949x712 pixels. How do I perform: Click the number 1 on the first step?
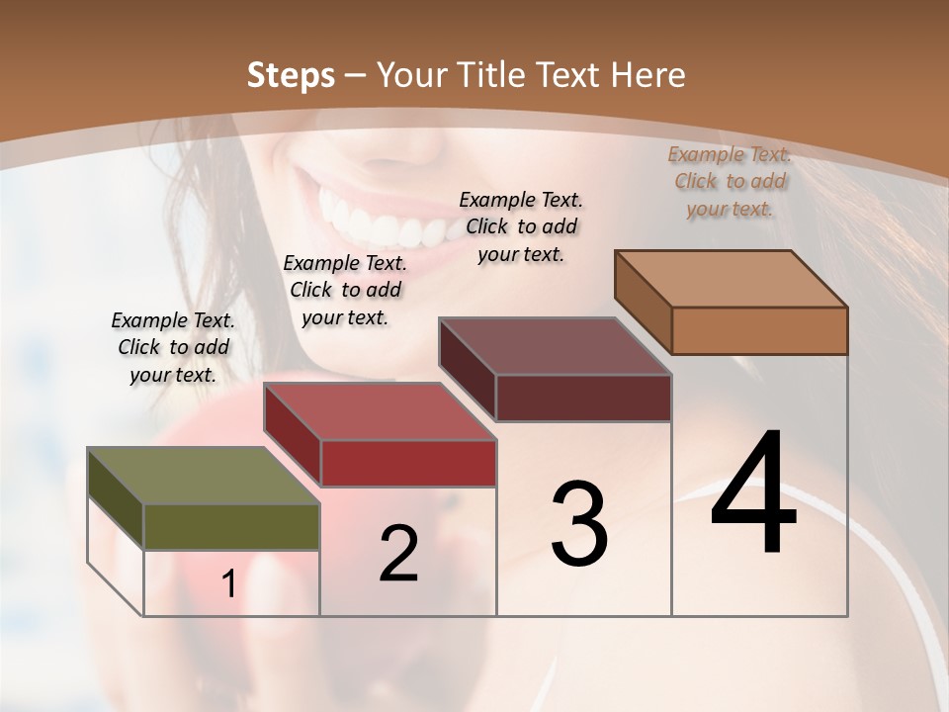click(x=229, y=584)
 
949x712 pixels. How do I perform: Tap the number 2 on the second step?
click(x=398, y=554)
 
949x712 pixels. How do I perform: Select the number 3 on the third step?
click(x=578, y=524)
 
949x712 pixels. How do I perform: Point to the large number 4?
click(x=754, y=493)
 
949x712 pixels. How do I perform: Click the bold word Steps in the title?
click(x=291, y=75)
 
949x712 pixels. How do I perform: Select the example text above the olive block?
click(x=173, y=348)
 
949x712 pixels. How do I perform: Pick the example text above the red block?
click(x=345, y=290)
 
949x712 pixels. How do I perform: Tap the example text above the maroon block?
click(x=521, y=226)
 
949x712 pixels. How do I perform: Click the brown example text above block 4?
click(x=730, y=181)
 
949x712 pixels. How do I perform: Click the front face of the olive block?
click(x=231, y=526)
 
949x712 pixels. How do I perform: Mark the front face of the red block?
click(x=408, y=463)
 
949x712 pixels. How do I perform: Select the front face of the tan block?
click(x=759, y=330)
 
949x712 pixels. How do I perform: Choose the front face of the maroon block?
click(x=583, y=398)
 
